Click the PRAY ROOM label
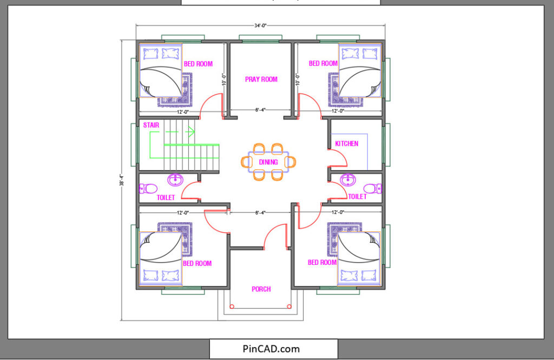point(261,79)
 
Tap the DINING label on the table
point(268,162)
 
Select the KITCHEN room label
point(346,144)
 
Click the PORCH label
point(261,289)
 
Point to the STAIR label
point(151,125)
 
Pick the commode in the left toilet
point(148,189)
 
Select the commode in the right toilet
point(373,189)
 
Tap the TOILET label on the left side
point(166,198)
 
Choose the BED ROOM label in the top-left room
point(198,64)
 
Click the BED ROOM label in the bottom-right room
point(322,263)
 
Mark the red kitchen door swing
point(339,157)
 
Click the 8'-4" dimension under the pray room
point(261,111)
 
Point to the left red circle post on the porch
point(232,307)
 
